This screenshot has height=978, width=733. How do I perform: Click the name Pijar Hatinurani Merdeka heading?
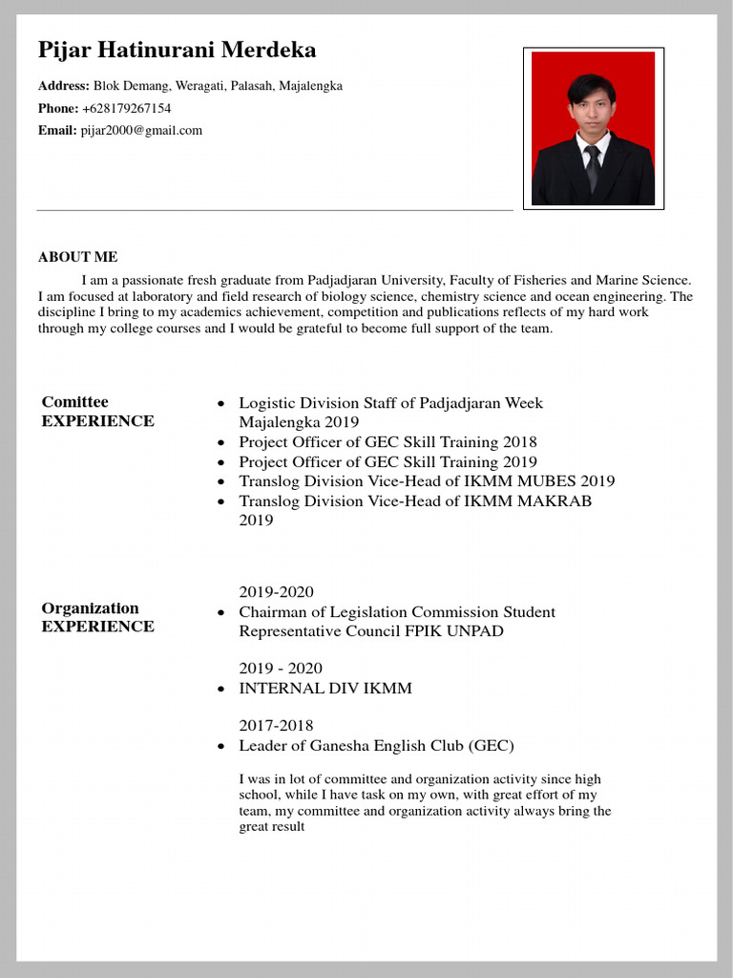pyautogui.click(x=177, y=50)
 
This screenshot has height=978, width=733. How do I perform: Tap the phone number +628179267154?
pyautogui.click(x=126, y=108)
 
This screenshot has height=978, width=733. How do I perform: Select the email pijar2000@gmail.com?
pyautogui.click(x=141, y=130)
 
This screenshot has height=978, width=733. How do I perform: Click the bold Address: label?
pyautogui.click(x=64, y=86)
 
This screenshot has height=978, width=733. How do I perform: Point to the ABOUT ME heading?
pyautogui.click(x=77, y=257)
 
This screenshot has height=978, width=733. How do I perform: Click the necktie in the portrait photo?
pyautogui.click(x=593, y=167)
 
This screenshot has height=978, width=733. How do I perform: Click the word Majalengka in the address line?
pyautogui.click(x=310, y=86)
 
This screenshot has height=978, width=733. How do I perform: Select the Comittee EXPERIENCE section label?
pyautogui.click(x=97, y=412)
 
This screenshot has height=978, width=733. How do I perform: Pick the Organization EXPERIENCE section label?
pyautogui.click(x=97, y=617)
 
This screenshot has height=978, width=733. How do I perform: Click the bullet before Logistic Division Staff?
pyautogui.click(x=220, y=404)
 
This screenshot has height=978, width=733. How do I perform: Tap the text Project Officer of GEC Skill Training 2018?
pyautogui.click(x=387, y=442)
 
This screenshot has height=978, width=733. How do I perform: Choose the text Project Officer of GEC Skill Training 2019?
pyautogui.click(x=387, y=461)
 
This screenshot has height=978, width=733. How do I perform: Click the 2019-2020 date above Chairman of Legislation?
pyautogui.click(x=276, y=592)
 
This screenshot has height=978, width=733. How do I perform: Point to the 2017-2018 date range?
pyautogui.click(x=276, y=726)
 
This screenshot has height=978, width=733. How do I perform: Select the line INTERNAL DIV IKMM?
pyautogui.click(x=325, y=688)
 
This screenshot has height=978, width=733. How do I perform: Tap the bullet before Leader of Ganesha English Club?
pyautogui.click(x=220, y=746)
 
